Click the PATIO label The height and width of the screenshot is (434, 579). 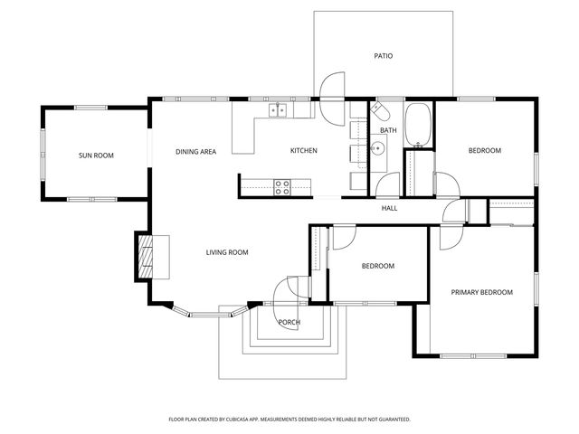click(384, 56)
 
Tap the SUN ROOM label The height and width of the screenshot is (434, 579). click(96, 156)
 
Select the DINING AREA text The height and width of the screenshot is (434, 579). click(195, 152)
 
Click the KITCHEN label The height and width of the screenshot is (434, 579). click(304, 151)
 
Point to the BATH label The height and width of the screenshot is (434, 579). click(388, 130)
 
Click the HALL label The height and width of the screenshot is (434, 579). click(389, 208)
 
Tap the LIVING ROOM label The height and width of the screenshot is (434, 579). click(227, 252)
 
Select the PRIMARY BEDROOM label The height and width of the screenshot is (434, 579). click(482, 292)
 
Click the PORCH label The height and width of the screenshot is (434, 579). click(289, 322)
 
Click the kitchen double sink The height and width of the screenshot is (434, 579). click(278, 110)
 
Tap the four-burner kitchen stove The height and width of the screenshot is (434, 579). click(281, 187)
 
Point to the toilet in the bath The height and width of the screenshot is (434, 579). click(380, 110)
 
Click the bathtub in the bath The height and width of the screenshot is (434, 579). click(418, 125)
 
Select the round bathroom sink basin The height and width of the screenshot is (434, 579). click(378, 148)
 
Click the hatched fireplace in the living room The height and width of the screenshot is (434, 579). click(146, 257)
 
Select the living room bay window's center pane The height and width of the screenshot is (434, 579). click(211, 315)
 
